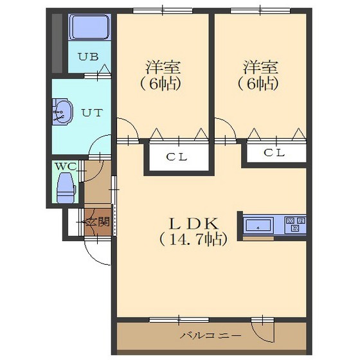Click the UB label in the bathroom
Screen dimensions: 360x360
click(x=89, y=57)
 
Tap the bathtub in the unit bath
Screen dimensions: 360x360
click(x=90, y=27)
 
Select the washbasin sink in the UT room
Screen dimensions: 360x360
click(x=62, y=112)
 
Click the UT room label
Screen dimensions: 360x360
click(x=92, y=113)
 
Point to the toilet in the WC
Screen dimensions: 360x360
click(x=66, y=188)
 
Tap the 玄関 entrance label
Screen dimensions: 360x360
click(x=97, y=222)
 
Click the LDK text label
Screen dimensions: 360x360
click(x=194, y=224)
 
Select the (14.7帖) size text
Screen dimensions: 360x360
click(x=194, y=239)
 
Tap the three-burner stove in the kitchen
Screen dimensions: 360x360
click(x=295, y=225)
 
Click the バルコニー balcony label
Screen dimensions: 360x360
click(x=211, y=336)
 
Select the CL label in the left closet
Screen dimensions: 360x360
click(x=177, y=157)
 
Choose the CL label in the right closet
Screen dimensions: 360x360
click(x=274, y=153)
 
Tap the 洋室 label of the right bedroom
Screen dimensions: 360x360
click(x=260, y=67)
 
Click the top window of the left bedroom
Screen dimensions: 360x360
click(x=163, y=10)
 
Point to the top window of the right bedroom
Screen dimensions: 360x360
click(x=260, y=10)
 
